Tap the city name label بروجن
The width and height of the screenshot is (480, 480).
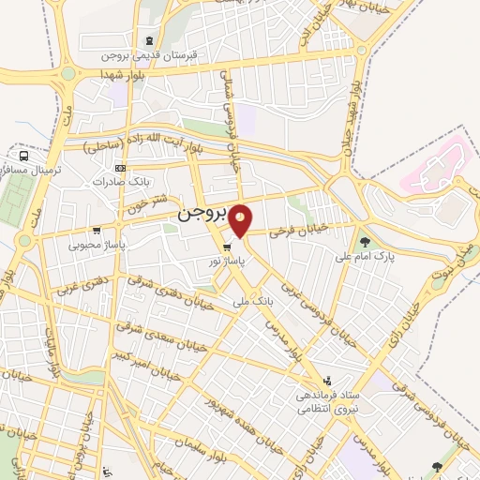coord(202,216)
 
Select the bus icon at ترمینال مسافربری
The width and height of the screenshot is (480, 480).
coord(23,156)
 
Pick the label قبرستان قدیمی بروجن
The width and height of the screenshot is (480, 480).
coord(150,55)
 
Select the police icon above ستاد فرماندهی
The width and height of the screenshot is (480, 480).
coord(327,381)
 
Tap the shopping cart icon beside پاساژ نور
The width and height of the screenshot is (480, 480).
coord(227,248)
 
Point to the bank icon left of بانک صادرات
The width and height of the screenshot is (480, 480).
coord(119,169)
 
